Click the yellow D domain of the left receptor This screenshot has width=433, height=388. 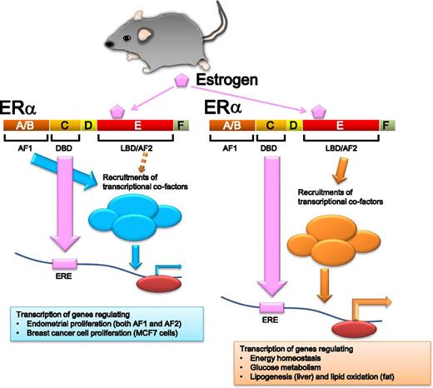pyautogui.click(x=89, y=126)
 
